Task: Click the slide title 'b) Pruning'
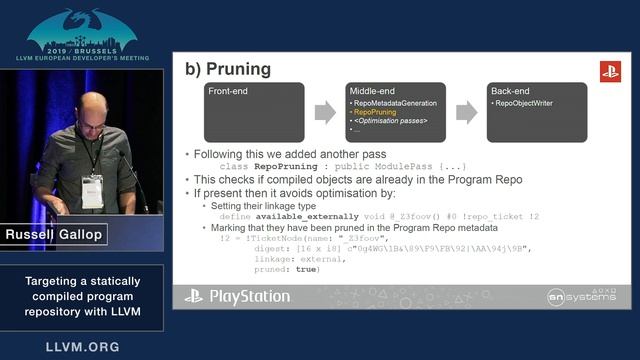point(227,70)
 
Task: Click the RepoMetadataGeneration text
point(392,103)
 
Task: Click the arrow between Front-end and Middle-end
point(325,112)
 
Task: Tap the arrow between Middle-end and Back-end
point(465,112)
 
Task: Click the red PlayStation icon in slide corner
point(610,71)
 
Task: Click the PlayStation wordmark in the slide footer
point(238,297)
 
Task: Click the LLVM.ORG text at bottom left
point(82,347)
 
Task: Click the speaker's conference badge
point(92,190)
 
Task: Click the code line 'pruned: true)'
point(293,269)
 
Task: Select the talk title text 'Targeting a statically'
point(82,281)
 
